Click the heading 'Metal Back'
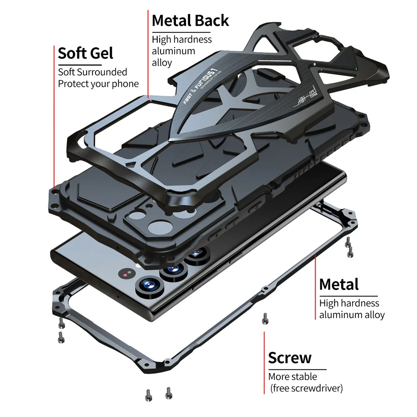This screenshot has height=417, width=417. [x=190, y=20]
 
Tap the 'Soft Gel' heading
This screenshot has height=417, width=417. [x=85, y=53]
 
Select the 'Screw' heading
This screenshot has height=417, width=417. [x=289, y=358]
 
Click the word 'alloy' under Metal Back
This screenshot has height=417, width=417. [x=162, y=63]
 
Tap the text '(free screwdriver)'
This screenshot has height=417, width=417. [x=306, y=388]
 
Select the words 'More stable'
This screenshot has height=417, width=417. [x=292, y=377]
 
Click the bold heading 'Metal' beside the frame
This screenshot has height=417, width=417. [x=339, y=284]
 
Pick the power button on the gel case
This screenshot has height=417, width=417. [x=255, y=207]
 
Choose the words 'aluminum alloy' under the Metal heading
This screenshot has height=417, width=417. [x=352, y=315]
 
